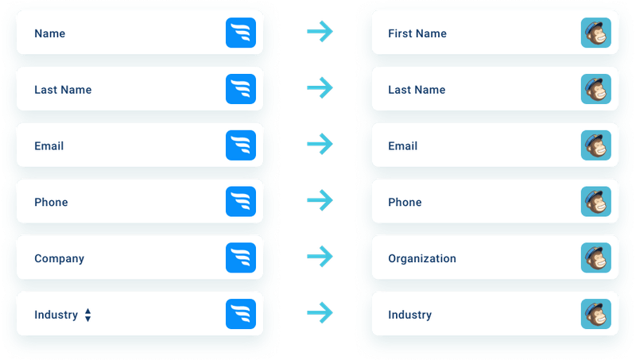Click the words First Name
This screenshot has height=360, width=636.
point(417,33)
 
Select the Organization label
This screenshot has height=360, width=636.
point(421,258)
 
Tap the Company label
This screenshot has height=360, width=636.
point(59,258)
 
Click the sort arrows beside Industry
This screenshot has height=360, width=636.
point(87,315)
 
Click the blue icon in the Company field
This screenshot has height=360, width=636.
point(240,258)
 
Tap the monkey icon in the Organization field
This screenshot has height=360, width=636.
point(595,258)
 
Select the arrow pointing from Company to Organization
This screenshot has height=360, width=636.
point(320,257)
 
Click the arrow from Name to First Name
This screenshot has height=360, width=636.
point(320,33)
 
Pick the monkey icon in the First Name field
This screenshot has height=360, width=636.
point(595,33)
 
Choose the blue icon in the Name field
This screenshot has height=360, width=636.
point(240,33)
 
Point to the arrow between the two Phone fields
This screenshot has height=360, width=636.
point(320,201)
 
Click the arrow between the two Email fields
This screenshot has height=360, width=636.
point(320,145)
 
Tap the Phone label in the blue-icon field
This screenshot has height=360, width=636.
point(51,202)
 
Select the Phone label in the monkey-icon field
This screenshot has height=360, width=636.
point(405,202)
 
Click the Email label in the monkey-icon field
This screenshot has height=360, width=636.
point(402,145)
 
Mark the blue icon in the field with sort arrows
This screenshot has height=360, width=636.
point(240,315)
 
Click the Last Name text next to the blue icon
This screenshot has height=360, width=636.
point(63,90)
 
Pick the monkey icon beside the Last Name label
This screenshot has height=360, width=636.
point(595,90)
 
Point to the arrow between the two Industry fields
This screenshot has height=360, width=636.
point(320,313)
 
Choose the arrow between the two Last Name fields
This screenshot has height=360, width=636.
point(320,88)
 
